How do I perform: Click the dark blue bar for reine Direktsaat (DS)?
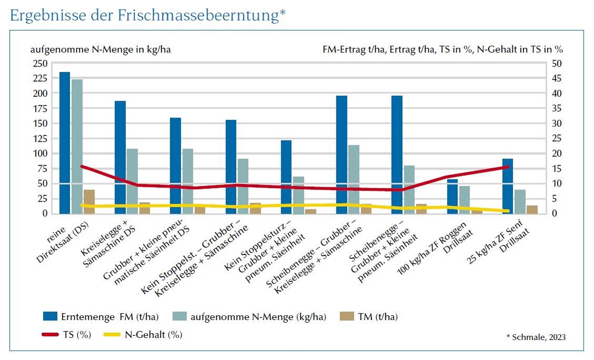65,142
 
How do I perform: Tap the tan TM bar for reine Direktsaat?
89,202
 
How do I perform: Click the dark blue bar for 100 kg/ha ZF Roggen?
452,196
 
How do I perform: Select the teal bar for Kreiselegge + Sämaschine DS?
132,181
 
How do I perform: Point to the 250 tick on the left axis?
40,63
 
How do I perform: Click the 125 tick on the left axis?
40,138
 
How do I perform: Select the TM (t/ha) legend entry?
377,317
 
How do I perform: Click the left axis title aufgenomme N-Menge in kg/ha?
101,49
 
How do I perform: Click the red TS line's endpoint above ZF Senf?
508,167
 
